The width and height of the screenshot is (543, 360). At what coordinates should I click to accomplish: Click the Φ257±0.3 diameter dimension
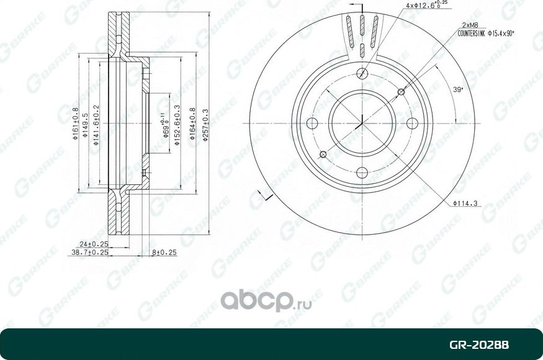[x=205, y=124]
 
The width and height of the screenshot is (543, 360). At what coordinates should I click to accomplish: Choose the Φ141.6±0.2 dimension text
[x=96, y=125]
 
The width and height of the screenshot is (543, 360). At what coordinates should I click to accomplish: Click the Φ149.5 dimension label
[x=86, y=125]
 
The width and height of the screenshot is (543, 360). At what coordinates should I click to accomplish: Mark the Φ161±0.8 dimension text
[x=75, y=125]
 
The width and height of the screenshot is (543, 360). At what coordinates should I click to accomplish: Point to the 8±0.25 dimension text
[x=164, y=253]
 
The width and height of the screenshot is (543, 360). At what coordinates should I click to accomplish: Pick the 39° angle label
[x=458, y=90]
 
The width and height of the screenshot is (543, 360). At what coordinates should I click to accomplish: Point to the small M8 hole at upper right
[x=401, y=92]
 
